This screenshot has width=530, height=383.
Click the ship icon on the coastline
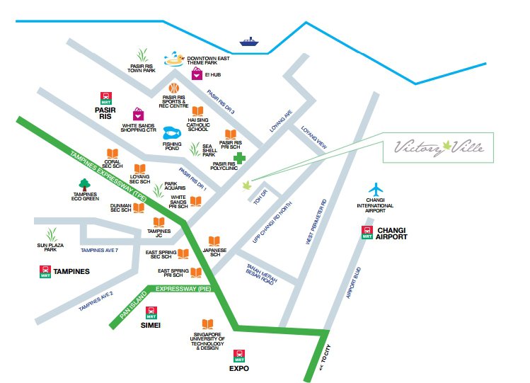coord(249,41)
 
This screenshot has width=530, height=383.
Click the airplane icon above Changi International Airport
coord(376,190)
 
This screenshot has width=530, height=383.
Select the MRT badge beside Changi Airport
coord(367,232)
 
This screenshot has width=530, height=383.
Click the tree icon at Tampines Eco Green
coord(85,184)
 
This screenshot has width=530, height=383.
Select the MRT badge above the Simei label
coord(151,313)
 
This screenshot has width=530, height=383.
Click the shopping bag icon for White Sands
coord(139,114)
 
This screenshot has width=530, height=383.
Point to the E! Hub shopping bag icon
coord(197,74)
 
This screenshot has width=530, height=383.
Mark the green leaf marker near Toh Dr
coord(247,185)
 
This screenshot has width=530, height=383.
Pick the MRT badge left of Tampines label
coord(45,271)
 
